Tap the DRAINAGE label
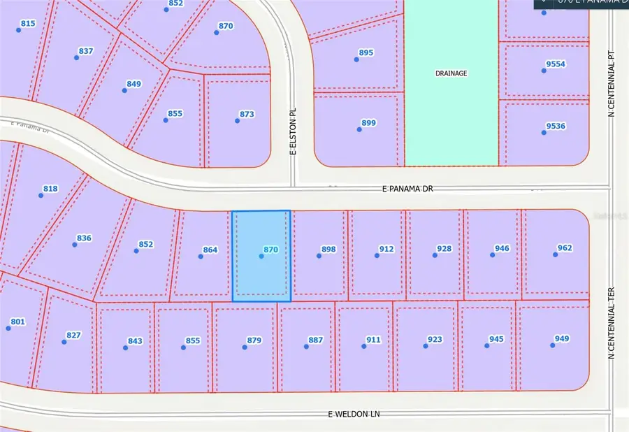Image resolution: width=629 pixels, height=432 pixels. [x=451, y=73]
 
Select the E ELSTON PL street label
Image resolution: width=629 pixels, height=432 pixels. [x=294, y=131]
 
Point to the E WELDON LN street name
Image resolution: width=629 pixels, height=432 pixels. [x=354, y=414]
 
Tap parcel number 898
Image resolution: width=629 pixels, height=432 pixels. [x=328, y=249]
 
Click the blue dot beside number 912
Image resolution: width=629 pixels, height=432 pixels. [x=377, y=256]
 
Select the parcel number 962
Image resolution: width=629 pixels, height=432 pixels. [x=564, y=248]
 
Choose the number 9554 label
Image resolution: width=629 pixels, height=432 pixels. [x=556, y=64]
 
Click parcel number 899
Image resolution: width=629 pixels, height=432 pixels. [x=368, y=123]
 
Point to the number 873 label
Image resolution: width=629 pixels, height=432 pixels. [x=247, y=114]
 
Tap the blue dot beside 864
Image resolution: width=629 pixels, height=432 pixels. [x=201, y=257]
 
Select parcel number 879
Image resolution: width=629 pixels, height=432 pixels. [x=254, y=340]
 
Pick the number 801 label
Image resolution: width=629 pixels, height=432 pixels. [x=17, y=322]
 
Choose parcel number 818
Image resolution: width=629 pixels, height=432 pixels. [x=50, y=189]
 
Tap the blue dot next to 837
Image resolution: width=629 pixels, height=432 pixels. [x=75, y=58]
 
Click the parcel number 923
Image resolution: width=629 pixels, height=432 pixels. [x=435, y=340]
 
